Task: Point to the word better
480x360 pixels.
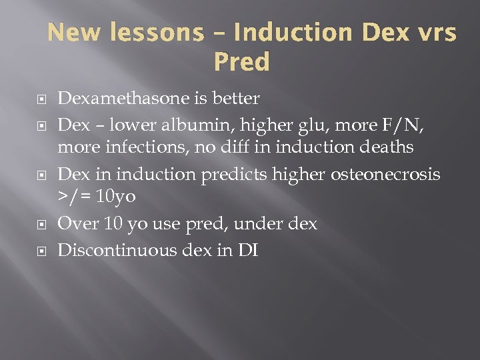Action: point(237,99)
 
